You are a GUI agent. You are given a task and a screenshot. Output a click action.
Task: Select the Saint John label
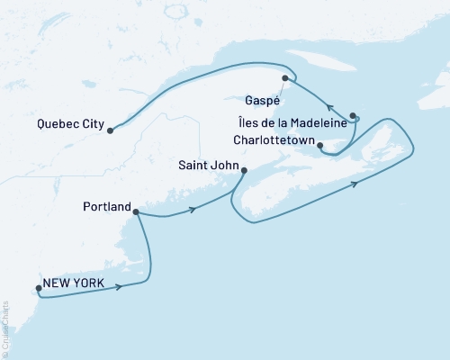(x=208, y=164)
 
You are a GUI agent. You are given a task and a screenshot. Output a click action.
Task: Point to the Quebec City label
(x=71, y=124)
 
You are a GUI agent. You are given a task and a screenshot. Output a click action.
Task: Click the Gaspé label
(x=261, y=100)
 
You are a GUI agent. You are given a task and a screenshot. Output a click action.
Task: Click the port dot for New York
(x=38, y=289)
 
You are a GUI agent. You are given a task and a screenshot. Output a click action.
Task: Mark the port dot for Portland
(x=135, y=212)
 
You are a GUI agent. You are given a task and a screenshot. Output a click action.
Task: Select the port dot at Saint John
(x=243, y=169)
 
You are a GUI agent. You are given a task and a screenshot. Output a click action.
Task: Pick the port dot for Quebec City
(x=110, y=130)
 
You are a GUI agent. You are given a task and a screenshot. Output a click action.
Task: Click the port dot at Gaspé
(x=284, y=78)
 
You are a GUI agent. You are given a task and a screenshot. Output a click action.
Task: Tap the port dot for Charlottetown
(x=320, y=144)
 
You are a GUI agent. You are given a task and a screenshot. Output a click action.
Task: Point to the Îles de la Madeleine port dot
(x=353, y=115)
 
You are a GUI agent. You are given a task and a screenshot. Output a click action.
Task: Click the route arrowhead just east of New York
(x=118, y=287)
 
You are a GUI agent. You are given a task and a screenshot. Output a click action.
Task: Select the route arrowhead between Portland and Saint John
(x=192, y=211)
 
